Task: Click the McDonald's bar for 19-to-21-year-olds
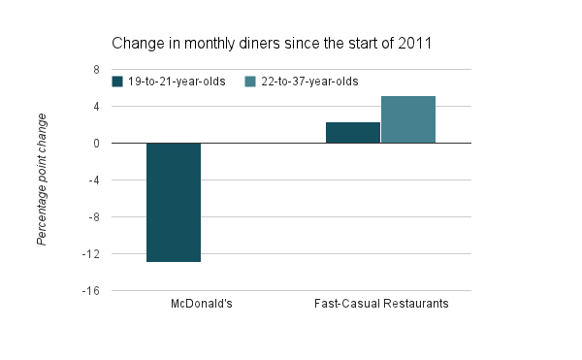click(x=174, y=202)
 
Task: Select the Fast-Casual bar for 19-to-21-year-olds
click(x=353, y=133)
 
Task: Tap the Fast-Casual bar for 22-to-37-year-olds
click(x=408, y=119)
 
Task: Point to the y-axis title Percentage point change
click(x=42, y=180)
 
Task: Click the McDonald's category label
click(x=201, y=305)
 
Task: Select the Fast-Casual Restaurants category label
click(x=381, y=305)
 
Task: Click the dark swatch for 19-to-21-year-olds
click(x=117, y=82)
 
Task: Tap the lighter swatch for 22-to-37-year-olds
click(x=250, y=82)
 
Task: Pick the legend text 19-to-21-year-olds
click(x=177, y=82)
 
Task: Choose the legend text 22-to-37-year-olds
click(x=309, y=82)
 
